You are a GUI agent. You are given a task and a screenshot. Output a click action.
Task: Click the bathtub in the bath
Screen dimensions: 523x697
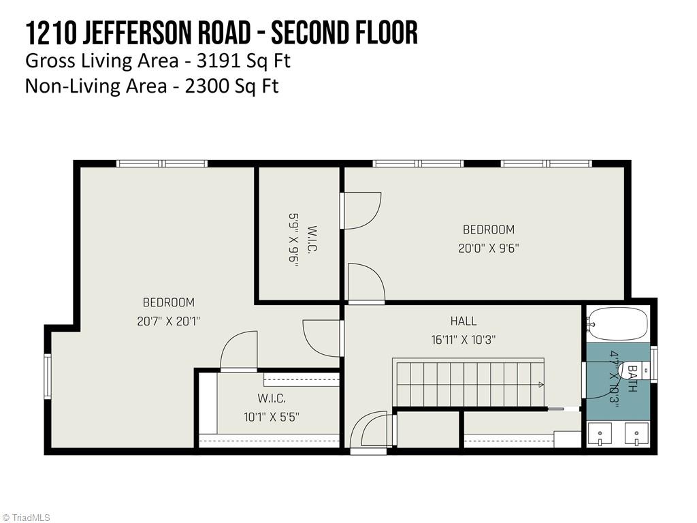click(618, 323)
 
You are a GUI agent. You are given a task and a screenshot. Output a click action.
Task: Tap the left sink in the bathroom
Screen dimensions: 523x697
click(600, 434)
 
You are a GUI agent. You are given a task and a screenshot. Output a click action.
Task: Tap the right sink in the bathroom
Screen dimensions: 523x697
click(637, 434)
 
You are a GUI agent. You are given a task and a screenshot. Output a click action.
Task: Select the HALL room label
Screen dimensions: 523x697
click(463, 321)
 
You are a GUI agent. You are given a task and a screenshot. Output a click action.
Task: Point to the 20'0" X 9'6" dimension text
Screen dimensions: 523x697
click(488, 249)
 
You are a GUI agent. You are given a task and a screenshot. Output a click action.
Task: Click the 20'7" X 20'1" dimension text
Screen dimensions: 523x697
click(168, 321)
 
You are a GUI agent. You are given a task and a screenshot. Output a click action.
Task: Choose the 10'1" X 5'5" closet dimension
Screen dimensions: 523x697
click(272, 417)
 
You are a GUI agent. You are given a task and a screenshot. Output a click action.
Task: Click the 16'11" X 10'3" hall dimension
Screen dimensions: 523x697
click(463, 340)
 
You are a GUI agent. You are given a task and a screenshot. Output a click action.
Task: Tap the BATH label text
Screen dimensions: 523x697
click(632, 379)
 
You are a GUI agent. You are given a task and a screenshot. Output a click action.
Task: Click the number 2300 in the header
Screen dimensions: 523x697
click(204, 86)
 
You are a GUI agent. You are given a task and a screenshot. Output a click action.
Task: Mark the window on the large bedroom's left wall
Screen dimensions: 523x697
click(48, 376)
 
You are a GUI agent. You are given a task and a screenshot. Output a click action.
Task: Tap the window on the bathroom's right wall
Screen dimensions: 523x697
click(653, 362)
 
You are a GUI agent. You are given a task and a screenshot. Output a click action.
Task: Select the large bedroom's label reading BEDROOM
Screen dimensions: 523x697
click(168, 302)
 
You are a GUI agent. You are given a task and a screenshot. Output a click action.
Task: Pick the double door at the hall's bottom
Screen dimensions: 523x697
click(371, 432)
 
